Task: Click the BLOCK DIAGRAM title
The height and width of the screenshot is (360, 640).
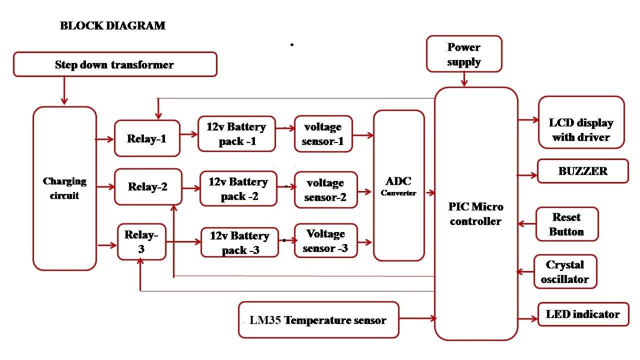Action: pos(112,25)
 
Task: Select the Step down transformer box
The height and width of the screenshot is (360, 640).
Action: pos(115,64)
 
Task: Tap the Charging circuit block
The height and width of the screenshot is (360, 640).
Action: pos(64,188)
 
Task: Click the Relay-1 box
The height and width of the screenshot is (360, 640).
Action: pos(147,138)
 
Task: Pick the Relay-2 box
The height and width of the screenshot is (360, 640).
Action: pos(148,187)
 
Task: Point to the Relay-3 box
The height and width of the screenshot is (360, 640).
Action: pos(141,241)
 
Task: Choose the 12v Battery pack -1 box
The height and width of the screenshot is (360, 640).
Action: pos(236,134)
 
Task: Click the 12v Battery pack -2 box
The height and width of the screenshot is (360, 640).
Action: pos(238,189)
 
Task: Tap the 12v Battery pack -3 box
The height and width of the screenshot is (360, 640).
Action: pos(239,242)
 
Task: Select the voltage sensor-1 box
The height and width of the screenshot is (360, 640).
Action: pos(323,134)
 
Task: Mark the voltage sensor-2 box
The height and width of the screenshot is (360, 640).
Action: pos(325,190)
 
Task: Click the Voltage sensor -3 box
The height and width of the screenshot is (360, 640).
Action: pos(325,241)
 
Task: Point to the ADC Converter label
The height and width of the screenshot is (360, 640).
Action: pos(398,186)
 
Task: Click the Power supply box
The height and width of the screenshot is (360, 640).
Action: pos(464,54)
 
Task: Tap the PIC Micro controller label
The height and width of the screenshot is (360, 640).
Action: pos(475,214)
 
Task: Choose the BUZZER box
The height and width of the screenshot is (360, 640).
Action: pos(582,171)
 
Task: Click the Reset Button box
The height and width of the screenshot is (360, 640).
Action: pos(566,224)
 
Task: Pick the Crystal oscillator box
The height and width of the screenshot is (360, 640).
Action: pos(565,272)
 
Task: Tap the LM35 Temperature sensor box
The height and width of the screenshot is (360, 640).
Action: pos(318,320)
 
